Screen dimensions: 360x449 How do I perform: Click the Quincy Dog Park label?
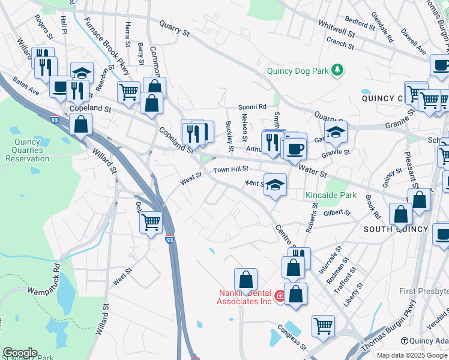tap(298, 71)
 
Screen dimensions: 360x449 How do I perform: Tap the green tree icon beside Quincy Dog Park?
tap(338, 71)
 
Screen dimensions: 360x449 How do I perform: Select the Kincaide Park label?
tap(331, 195)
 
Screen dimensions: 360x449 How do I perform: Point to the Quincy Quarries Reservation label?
tap(28, 150)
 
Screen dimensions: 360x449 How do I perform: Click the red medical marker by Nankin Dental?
tap(279, 296)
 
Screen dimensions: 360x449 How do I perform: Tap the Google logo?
tap(20, 353)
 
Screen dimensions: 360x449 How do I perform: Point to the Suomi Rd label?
tap(252, 107)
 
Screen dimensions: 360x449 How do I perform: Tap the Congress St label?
tap(292, 338)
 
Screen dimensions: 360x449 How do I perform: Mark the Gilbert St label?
tap(336, 212)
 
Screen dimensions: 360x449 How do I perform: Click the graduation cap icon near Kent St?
tap(276, 185)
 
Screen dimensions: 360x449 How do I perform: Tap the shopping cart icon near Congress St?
tap(323, 326)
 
